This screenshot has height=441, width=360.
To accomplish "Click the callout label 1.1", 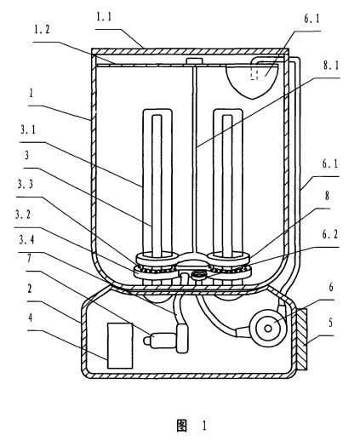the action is (104, 17).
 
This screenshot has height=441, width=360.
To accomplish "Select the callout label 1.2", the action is (42, 30).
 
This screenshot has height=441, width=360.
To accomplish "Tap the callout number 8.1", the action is (331, 66).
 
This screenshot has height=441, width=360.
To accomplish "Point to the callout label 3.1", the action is (28, 130).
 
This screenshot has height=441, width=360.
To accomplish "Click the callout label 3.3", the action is (26, 185).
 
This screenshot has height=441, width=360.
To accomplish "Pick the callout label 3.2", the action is (23, 215).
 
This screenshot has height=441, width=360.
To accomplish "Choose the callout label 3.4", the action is (26, 240).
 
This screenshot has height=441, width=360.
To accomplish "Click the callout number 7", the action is (29, 259).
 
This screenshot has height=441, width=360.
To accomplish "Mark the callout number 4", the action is (30, 318).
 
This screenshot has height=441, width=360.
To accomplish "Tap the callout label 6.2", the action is (330, 234).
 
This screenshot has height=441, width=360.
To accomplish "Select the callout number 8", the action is (327, 196).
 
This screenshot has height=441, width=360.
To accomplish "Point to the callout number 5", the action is (330, 323).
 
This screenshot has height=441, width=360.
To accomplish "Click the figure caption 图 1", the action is (191, 426).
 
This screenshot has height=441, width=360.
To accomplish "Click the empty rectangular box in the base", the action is (120, 346).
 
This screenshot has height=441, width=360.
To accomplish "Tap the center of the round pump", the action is (268, 329).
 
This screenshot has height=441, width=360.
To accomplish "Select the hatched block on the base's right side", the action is (301, 340).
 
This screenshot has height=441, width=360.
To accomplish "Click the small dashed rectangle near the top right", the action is (254, 74).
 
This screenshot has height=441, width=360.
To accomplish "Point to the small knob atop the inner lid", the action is (194, 60).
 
